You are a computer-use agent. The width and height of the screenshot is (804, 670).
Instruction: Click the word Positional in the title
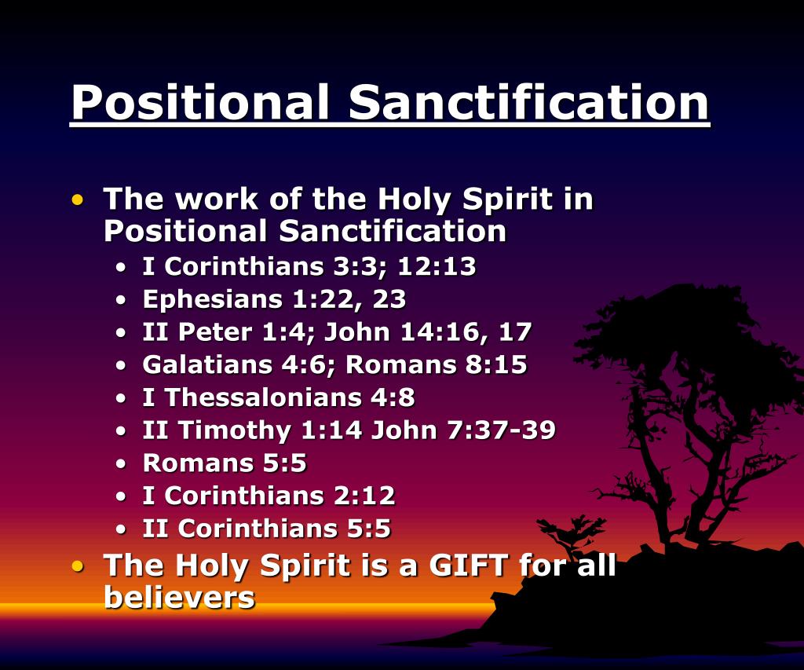click(x=201, y=102)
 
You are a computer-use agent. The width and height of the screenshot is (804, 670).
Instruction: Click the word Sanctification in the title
click(x=529, y=102)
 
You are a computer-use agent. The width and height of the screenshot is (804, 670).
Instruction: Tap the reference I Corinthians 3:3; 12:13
click(x=309, y=267)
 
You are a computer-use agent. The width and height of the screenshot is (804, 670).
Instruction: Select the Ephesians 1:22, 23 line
click(x=274, y=300)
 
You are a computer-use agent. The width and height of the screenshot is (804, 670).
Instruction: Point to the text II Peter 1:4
click(x=229, y=333)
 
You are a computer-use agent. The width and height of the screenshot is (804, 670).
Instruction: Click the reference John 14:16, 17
click(x=429, y=333)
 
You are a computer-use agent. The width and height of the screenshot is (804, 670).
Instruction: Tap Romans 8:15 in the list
click(x=437, y=366)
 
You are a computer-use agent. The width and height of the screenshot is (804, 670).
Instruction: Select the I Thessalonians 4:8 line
click(x=278, y=398)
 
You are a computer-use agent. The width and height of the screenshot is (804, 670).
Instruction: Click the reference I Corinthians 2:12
click(x=269, y=496)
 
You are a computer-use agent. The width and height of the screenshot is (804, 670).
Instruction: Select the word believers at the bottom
click(x=180, y=599)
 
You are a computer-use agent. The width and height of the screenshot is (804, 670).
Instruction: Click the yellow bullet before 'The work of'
click(x=77, y=201)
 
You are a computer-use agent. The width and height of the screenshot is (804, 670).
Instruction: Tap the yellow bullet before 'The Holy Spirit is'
click(x=77, y=566)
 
